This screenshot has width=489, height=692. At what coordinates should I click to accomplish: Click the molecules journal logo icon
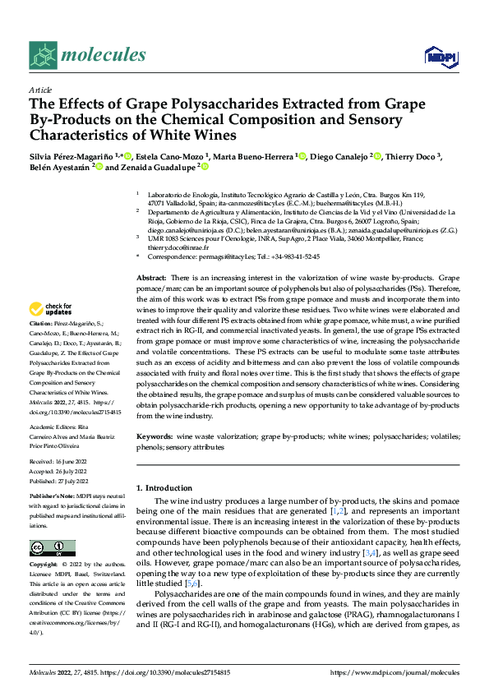point(42,55)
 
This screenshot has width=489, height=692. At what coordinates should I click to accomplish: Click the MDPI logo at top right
point(439,56)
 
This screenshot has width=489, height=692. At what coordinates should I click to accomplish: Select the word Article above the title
point(39,90)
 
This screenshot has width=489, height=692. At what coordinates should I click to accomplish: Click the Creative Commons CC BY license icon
point(52,548)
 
